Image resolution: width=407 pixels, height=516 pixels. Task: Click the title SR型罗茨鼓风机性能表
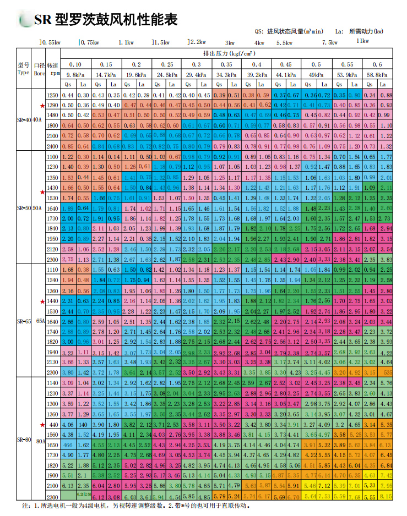pos(105,20)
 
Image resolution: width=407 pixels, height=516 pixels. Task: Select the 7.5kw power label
pos(329,42)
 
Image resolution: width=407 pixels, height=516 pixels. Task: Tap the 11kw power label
pos(362,40)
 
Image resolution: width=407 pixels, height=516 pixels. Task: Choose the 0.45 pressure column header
pos(285,64)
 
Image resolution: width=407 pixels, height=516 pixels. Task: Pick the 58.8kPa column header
pos(377,74)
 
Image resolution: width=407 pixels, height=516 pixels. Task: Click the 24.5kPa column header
pos(166,74)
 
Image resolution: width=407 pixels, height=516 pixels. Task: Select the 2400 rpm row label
pos(52,146)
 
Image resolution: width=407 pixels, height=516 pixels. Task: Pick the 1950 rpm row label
pos(52,239)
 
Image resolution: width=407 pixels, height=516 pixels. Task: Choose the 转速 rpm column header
pos(52,68)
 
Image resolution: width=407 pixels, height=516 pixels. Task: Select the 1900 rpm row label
pos(52,475)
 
